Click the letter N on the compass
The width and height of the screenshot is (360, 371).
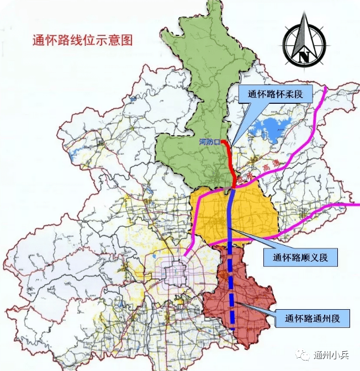(304, 55)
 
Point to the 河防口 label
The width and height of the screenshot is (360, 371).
(210, 142)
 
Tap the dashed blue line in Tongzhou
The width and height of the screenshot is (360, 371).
(232, 304)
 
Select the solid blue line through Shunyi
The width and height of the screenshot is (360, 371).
(231, 221)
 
